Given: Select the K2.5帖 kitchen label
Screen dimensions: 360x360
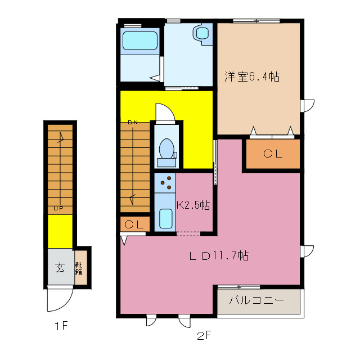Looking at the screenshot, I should click(193, 206).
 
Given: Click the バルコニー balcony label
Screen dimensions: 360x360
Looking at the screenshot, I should click(256, 300).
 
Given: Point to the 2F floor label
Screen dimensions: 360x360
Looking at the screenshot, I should click(204, 336).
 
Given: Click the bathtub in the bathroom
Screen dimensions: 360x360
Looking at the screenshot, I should click(139, 40).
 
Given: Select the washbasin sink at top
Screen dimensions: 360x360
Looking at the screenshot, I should click(202, 33).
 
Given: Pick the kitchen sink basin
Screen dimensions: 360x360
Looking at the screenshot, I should click(165, 217).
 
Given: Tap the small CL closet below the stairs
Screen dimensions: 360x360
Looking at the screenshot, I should click(135, 224).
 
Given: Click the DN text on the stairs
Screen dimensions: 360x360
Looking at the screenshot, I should click(133, 122).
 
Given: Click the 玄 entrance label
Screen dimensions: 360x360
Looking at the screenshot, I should click(60, 267).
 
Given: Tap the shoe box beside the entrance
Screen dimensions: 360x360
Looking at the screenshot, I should click(82, 267).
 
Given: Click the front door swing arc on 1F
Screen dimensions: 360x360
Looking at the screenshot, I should click(58, 300).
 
